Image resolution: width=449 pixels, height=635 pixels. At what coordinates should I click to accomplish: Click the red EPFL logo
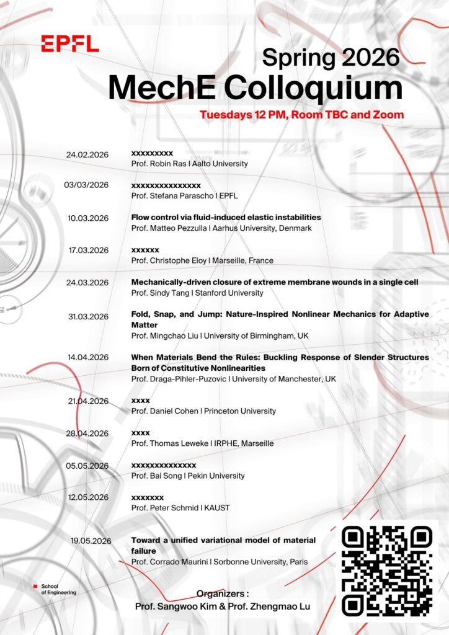[x=70, y=43]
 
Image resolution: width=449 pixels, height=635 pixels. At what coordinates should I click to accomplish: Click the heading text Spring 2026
[x=331, y=57]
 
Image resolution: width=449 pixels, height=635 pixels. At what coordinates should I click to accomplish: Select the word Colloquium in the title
[x=314, y=88]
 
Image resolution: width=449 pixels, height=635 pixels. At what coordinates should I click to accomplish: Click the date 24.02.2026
[x=87, y=154]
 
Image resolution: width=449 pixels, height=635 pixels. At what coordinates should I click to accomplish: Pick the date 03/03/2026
[x=86, y=185]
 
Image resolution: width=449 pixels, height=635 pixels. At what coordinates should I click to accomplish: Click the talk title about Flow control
[x=226, y=218]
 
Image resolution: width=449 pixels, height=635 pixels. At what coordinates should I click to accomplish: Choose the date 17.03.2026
[x=89, y=251]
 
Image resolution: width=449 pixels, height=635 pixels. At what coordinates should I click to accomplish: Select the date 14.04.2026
[x=89, y=357]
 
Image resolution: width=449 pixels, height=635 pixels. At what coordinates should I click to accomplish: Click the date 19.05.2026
[x=91, y=541]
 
